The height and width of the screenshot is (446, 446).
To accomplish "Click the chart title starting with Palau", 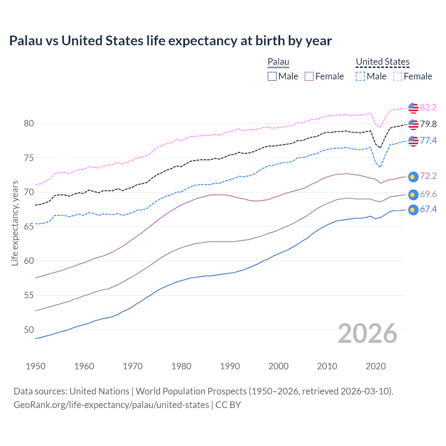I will pyautogui.click(x=170, y=41).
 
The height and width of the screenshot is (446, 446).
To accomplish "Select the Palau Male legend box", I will pyautogui.click(x=272, y=76).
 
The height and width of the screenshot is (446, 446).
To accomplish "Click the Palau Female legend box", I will pyautogui.click(x=309, y=76).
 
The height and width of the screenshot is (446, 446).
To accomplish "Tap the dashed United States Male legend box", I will pyautogui.click(x=360, y=76).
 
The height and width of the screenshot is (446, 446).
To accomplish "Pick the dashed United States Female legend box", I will pyautogui.click(x=398, y=76).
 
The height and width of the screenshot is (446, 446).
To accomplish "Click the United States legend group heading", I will pyautogui.click(x=382, y=62).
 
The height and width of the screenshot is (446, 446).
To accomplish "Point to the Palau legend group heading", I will pyautogui.click(x=278, y=62).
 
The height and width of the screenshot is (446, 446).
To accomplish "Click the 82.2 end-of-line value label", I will pyautogui.click(x=428, y=107).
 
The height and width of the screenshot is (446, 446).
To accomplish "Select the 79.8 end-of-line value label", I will pyautogui.click(x=428, y=124).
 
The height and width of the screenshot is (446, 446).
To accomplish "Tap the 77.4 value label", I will pyautogui.click(x=428, y=140).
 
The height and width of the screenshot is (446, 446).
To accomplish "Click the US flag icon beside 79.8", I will pyautogui.click(x=413, y=124).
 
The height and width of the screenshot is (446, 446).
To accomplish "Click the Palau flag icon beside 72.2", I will pyautogui.click(x=413, y=177).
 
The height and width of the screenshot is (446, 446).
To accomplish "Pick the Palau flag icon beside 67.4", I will pyautogui.click(x=413, y=210).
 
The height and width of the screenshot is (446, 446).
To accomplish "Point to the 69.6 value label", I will pyautogui.click(x=428, y=194).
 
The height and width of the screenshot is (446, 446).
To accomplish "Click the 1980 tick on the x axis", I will pyautogui.click(x=181, y=366).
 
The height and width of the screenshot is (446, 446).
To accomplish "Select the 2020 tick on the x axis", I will pyautogui.click(x=376, y=366).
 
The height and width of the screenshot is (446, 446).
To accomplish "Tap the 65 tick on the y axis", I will pyautogui.click(x=29, y=227).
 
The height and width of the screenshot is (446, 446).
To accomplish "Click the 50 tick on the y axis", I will pyautogui.click(x=29, y=330).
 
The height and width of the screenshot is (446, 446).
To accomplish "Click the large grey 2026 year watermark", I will pyautogui.click(x=367, y=333).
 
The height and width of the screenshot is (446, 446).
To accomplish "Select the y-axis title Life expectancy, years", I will pyautogui.click(x=15, y=223).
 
